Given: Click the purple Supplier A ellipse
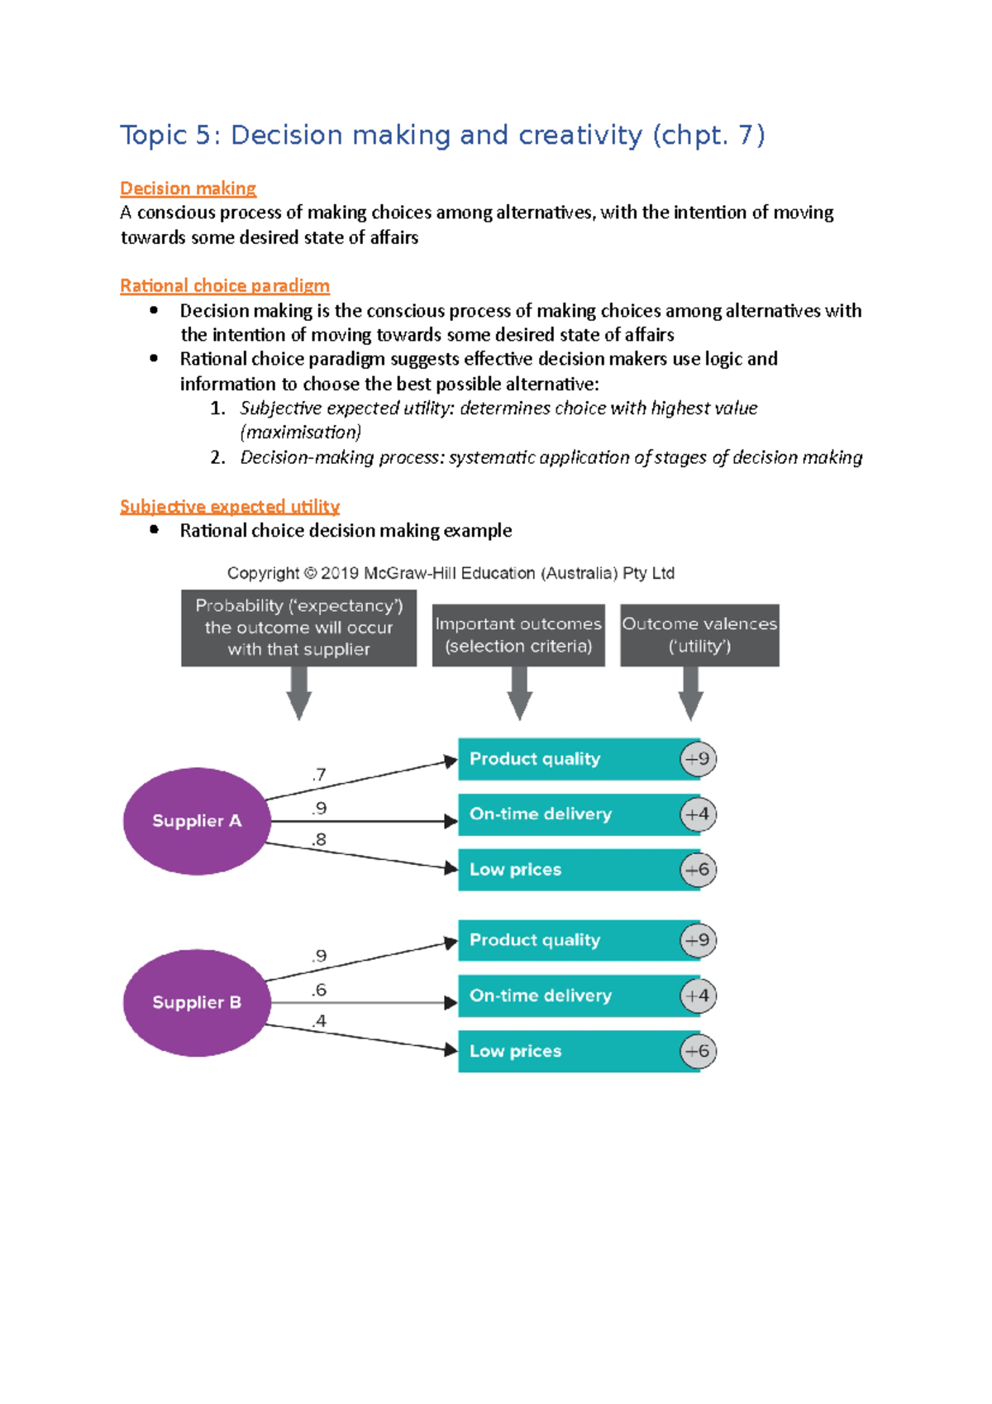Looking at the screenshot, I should [x=197, y=821].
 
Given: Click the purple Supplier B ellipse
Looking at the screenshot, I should [x=197, y=1002].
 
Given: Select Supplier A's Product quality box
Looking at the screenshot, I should [x=570, y=759].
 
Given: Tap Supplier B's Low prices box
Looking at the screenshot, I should [x=570, y=1051].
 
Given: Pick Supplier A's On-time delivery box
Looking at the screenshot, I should [x=570, y=814].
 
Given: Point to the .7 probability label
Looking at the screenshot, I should [x=319, y=775].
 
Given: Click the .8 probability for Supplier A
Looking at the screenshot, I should [x=319, y=840].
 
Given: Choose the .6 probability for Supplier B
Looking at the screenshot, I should [x=319, y=990].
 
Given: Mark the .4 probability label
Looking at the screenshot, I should [x=319, y=1022].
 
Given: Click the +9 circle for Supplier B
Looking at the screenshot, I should [x=699, y=940].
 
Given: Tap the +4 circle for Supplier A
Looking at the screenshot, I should [x=699, y=814].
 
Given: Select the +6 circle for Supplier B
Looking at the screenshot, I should [x=699, y=1051].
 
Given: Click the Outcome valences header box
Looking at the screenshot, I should [x=699, y=635].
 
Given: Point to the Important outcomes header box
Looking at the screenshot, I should [x=518, y=635].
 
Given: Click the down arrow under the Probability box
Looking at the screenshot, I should [x=299, y=693].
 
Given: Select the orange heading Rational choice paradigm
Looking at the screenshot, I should [x=225, y=286].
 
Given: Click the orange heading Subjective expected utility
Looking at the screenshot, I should [x=230, y=506].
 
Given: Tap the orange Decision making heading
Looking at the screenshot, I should [x=188, y=189].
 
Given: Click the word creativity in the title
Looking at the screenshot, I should [x=579, y=135].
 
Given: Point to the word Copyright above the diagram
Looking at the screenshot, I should [x=263, y=573].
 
